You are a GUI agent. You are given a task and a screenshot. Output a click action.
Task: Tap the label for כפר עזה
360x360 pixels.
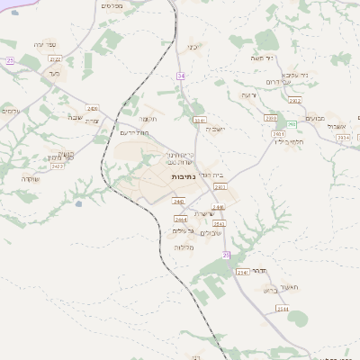[46, 44]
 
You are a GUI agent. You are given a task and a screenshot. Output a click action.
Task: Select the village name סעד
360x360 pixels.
[54, 74]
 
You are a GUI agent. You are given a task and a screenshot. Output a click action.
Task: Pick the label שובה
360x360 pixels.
[74, 117]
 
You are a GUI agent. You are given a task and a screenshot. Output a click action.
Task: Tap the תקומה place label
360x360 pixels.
[149, 118]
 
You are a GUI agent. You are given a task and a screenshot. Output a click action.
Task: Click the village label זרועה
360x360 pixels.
[248, 94]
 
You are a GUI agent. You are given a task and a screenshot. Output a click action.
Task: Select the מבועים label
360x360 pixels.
[314, 118]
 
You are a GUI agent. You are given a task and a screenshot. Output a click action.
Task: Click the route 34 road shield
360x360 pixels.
[181, 76]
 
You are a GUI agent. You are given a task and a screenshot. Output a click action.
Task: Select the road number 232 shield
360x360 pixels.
[10, 60]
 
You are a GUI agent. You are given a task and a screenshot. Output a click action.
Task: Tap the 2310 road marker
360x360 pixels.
[270, 118]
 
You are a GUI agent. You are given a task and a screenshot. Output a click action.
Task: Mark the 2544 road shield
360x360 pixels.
[283, 309]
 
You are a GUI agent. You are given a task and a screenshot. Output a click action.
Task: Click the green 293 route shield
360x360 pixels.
[292, 124]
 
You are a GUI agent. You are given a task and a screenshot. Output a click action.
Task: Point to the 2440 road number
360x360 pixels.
[178, 202]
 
